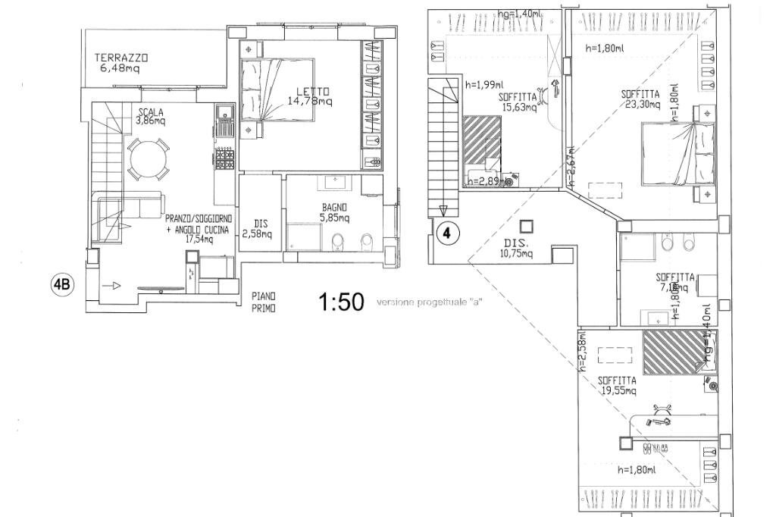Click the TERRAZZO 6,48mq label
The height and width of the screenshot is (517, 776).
120,62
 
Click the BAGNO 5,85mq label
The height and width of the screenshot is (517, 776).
333,212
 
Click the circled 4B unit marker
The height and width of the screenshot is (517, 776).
62,285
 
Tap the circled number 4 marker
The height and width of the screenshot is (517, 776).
447,233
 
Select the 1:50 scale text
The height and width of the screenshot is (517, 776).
341,302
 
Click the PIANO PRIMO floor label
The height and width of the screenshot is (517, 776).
264,302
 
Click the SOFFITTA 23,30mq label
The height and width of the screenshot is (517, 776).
640,99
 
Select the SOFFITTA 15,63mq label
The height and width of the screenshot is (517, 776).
518,102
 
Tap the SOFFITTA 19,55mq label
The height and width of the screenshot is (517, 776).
617,385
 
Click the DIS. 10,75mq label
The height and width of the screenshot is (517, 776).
518,249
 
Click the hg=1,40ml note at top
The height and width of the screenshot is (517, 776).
519,14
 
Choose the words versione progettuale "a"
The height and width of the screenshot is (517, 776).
430,303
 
